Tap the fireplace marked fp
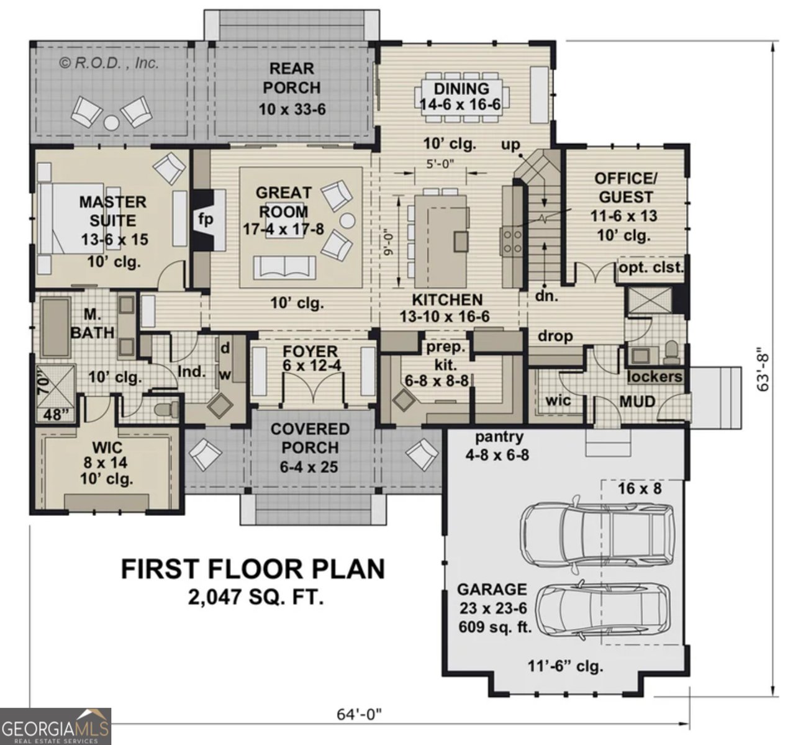click(206, 219)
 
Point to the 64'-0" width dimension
click(359, 715)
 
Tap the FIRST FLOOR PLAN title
click(252, 569)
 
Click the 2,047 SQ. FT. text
click(256, 597)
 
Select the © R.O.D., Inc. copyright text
click(109, 63)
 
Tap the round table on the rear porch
click(111, 123)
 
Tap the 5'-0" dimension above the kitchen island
click(440, 165)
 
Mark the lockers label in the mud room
click(654, 377)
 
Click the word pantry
click(499, 437)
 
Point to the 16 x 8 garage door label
click(639, 489)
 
